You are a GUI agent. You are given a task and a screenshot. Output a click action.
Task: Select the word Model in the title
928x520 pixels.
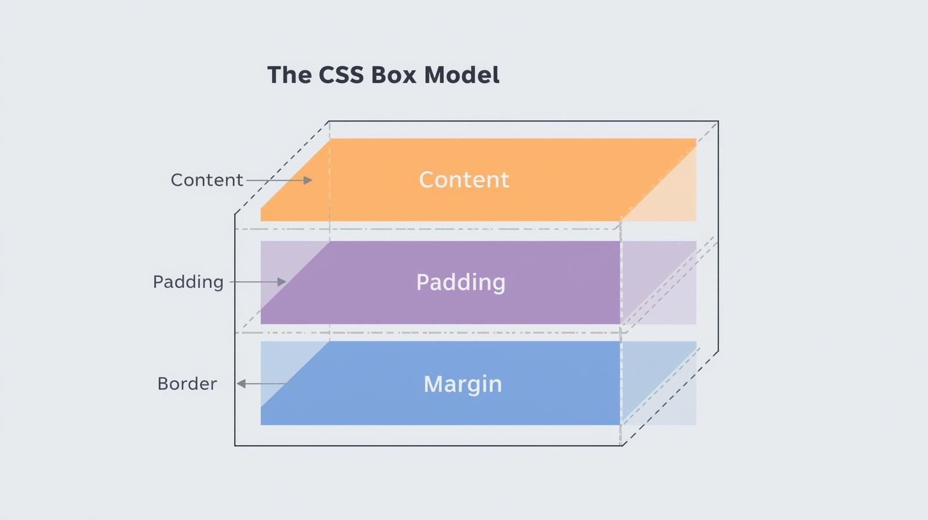(x=462, y=75)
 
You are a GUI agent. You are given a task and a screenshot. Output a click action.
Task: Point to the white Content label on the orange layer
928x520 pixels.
(x=464, y=180)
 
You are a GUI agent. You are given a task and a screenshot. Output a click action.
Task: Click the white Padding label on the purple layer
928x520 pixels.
(x=461, y=283)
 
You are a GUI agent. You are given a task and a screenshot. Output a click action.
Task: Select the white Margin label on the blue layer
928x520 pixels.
(x=462, y=384)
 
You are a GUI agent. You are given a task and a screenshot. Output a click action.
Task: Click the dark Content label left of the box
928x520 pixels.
(x=206, y=180)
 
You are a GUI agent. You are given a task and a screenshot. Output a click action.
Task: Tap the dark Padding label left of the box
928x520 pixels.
(x=188, y=282)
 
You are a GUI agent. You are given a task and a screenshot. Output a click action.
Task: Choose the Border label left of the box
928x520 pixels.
(x=187, y=384)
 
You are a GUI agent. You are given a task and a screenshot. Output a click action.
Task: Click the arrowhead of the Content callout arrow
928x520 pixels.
(x=309, y=180)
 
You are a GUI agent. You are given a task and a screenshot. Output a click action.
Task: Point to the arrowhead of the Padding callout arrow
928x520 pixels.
(x=282, y=282)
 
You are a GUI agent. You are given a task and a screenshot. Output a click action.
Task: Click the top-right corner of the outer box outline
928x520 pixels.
(x=718, y=121)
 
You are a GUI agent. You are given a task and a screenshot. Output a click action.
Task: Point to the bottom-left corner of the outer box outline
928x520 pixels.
(x=235, y=446)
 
